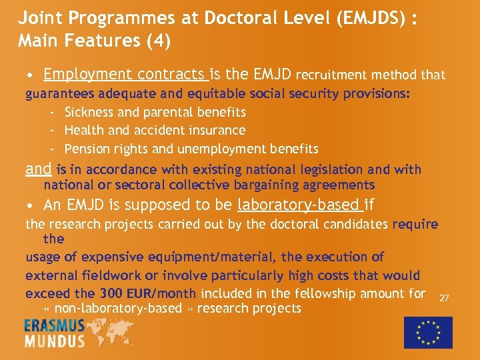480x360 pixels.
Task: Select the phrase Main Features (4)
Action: (x=95, y=41)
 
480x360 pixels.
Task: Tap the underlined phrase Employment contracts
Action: (x=125, y=75)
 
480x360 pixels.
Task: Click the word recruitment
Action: (x=331, y=75)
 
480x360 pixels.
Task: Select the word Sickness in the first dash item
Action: (x=89, y=113)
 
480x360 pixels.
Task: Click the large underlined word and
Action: (x=38, y=169)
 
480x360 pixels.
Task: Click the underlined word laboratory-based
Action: (x=299, y=204)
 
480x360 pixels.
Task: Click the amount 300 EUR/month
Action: (x=147, y=293)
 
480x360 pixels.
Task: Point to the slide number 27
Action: (x=444, y=298)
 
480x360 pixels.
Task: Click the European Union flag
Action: (x=428, y=332)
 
